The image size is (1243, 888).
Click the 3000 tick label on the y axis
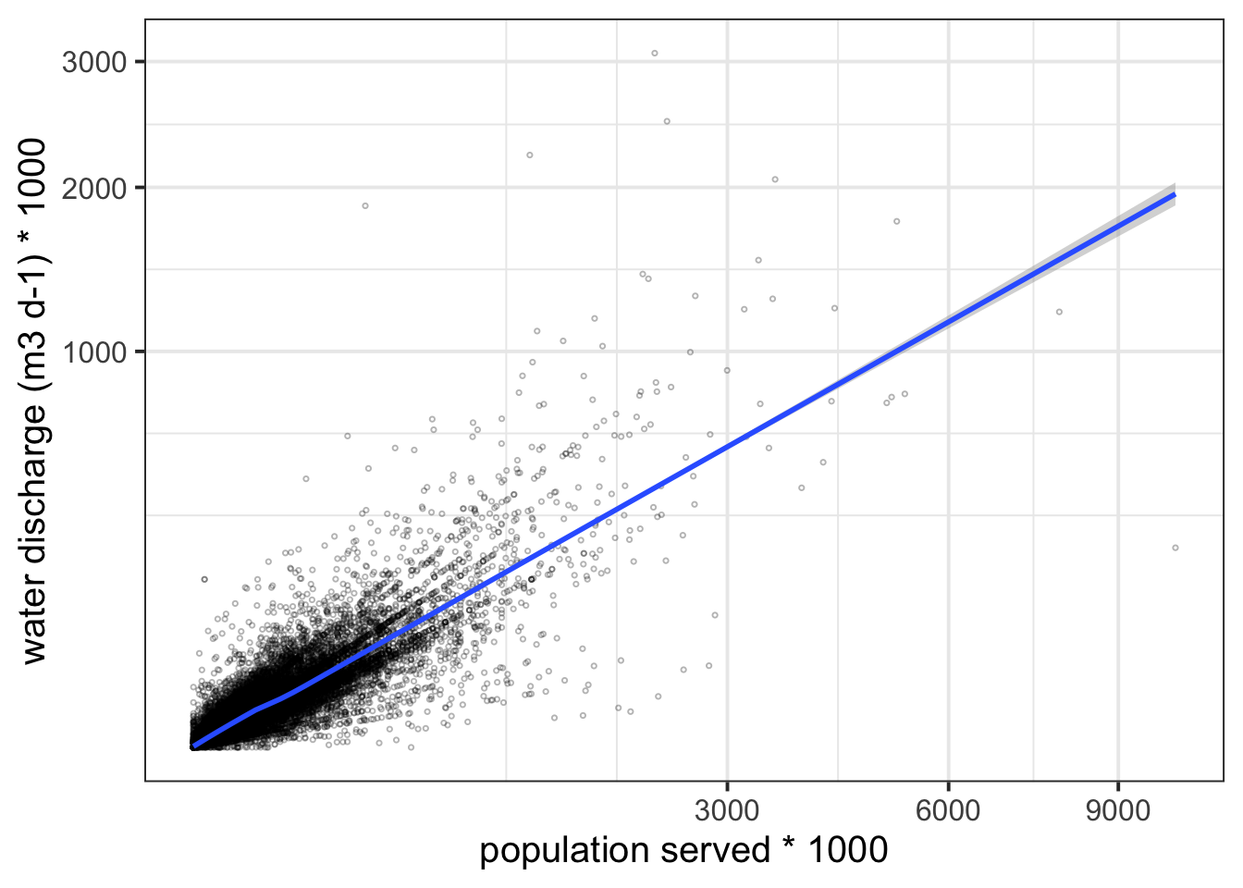94,62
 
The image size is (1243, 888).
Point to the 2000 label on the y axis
94,189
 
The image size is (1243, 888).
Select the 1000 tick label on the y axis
94,351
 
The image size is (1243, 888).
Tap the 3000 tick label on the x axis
727,810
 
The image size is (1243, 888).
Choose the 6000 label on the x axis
948,810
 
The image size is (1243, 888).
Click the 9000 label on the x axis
1118,810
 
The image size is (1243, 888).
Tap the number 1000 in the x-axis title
848,851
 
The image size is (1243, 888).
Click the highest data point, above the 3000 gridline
655,53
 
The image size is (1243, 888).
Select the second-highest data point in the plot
667,121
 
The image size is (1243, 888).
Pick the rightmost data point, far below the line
1175,548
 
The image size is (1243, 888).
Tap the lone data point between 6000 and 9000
1059,312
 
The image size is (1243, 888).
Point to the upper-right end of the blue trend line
1174,194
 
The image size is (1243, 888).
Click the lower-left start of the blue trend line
193,746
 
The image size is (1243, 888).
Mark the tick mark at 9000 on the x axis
1118,785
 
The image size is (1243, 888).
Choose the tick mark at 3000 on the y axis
141,62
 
